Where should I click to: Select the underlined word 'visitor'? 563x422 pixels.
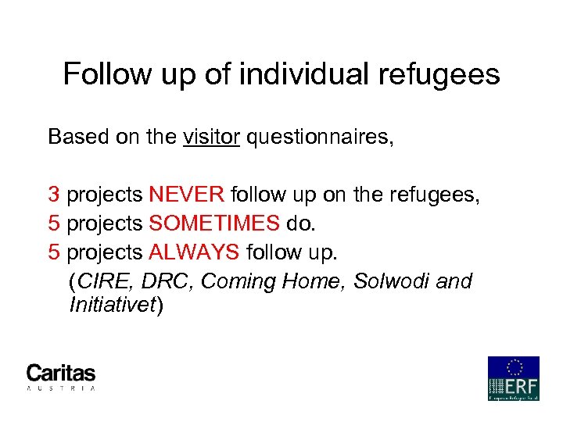(212, 138)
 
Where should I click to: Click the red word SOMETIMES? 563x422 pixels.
(213, 224)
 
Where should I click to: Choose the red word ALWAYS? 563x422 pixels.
(195, 252)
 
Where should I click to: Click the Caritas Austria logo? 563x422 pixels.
(61, 377)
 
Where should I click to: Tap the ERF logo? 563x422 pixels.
(513, 378)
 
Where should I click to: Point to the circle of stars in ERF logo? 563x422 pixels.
(514, 367)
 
